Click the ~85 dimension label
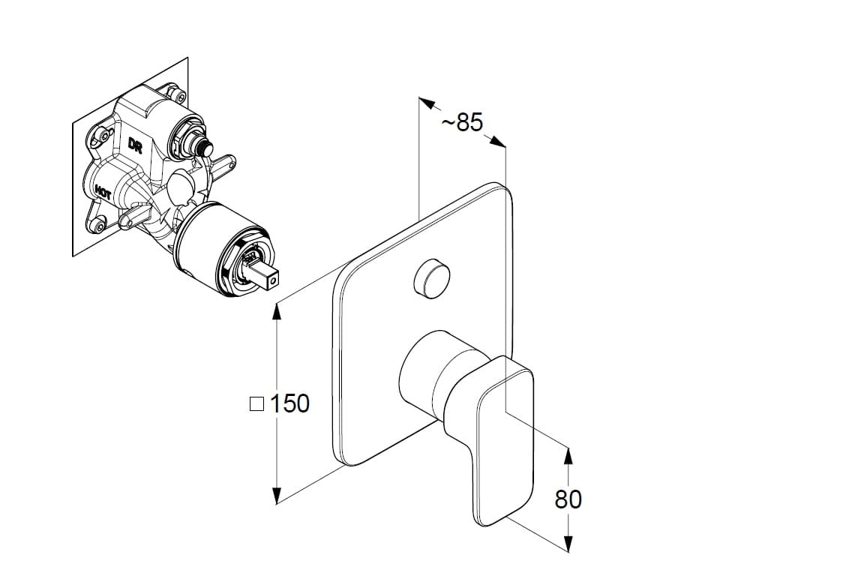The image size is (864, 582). click(x=462, y=122)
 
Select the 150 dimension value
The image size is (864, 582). click(x=289, y=404)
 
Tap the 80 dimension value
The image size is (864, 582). click(x=568, y=499)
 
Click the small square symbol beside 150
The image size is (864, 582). click(x=256, y=404)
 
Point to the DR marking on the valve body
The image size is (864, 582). click(x=135, y=145)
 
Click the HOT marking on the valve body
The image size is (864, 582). click(x=103, y=192)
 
